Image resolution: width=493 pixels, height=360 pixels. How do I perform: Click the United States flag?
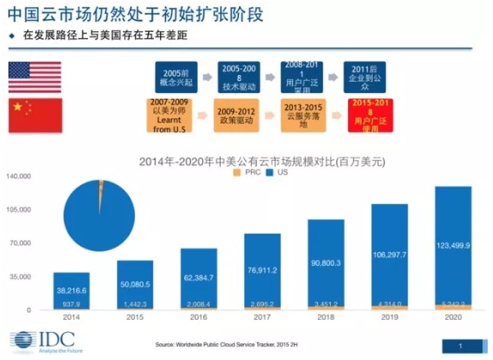pos(34,77)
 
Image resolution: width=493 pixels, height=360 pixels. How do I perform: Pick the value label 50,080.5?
pos(135,284)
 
